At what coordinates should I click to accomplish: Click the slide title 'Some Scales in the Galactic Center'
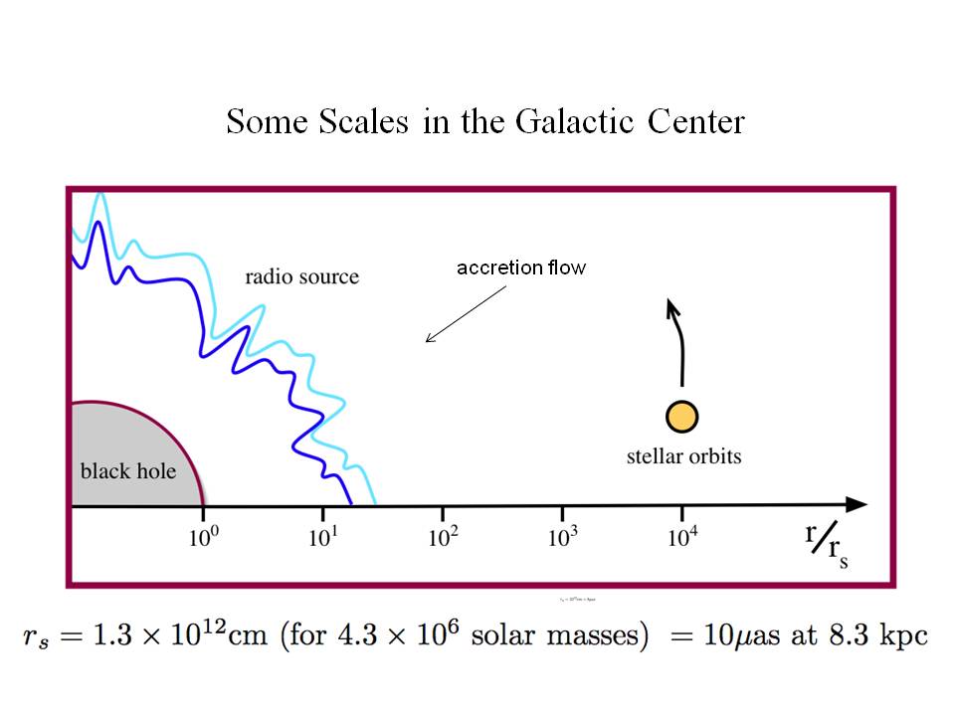pyautogui.click(x=484, y=121)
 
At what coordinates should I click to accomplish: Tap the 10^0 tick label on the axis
pyautogui.click(x=203, y=537)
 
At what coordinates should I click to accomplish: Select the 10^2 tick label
pyautogui.click(x=443, y=537)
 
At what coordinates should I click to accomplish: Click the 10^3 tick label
pyautogui.click(x=563, y=537)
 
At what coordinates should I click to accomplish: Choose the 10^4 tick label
pyautogui.click(x=681, y=537)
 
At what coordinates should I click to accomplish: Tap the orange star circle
pyautogui.click(x=682, y=417)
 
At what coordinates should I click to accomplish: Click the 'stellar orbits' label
pyautogui.click(x=683, y=457)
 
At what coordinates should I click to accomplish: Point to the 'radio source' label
pyautogui.click(x=301, y=275)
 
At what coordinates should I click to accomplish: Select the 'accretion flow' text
pyautogui.click(x=521, y=268)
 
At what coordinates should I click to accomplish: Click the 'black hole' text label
pyautogui.click(x=127, y=469)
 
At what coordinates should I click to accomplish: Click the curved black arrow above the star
pyautogui.click(x=678, y=338)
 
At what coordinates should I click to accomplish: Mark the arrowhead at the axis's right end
pyautogui.click(x=856, y=505)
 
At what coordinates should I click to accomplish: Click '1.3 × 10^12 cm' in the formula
pyautogui.click(x=173, y=634)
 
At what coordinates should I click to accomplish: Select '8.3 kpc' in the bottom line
pyautogui.click(x=879, y=634)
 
